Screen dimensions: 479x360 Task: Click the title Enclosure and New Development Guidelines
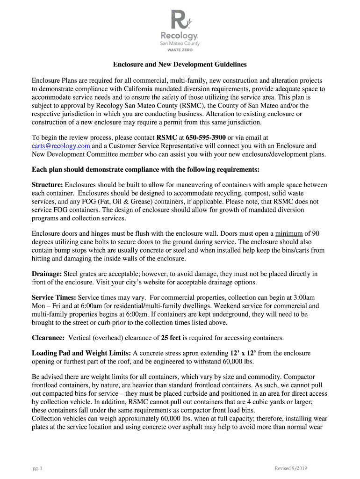tap(180, 64)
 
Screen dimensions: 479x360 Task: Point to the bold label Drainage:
tap(48, 274)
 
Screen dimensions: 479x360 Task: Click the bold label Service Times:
tap(54, 298)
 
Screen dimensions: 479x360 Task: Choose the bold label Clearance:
tap(48, 338)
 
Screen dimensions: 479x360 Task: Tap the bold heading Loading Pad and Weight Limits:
tap(81, 353)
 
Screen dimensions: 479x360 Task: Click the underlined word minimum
tap(288, 233)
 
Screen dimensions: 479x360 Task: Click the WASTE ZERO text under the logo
tap(180, 50)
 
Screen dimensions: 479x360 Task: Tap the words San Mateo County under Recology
tap(180, 44)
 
